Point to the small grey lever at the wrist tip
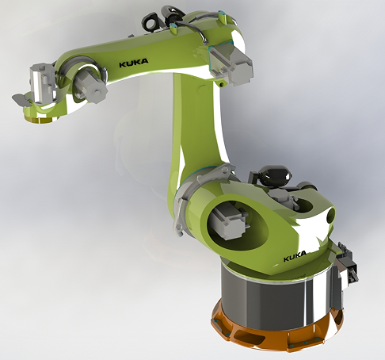coord(20,99)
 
